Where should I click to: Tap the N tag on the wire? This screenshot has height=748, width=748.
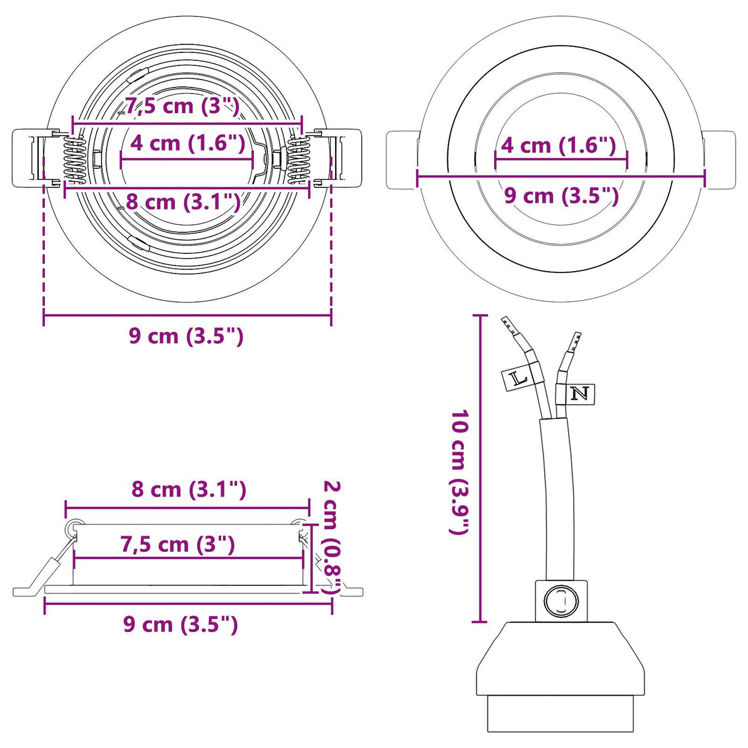[579, 394]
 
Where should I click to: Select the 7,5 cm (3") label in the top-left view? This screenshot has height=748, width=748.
[182, 106]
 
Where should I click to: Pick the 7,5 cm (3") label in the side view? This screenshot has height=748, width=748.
[177, 545]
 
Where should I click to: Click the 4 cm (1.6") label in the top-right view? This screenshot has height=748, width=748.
[559, 145]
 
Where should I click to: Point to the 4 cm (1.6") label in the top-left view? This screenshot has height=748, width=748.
[188, 143]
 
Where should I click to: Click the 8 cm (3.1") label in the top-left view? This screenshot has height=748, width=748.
[182, 201]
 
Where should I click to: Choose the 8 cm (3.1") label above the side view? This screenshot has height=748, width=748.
[189, 490]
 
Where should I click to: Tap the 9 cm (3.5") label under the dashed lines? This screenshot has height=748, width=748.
[186, 336]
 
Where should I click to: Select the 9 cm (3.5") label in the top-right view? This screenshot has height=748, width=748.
[561, 195]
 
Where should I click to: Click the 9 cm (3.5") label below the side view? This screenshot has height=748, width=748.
[180, 624]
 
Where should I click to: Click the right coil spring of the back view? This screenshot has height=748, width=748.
[298, 160]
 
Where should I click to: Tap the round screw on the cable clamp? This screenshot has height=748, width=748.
[561, 600]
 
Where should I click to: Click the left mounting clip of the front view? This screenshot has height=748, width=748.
[401, 160]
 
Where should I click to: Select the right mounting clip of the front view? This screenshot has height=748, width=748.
[720, 160]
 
